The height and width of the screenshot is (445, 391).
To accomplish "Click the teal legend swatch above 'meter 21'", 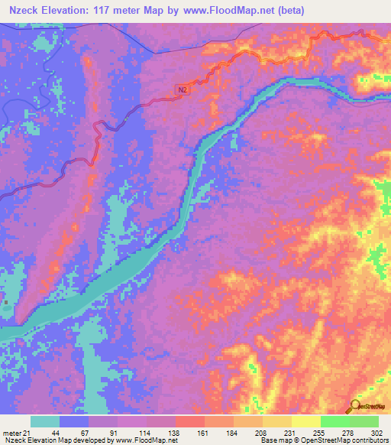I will (45, 421).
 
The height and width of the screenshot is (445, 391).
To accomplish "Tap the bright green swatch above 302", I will (364, 421).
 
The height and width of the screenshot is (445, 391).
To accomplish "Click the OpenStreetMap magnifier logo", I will (355, 405).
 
